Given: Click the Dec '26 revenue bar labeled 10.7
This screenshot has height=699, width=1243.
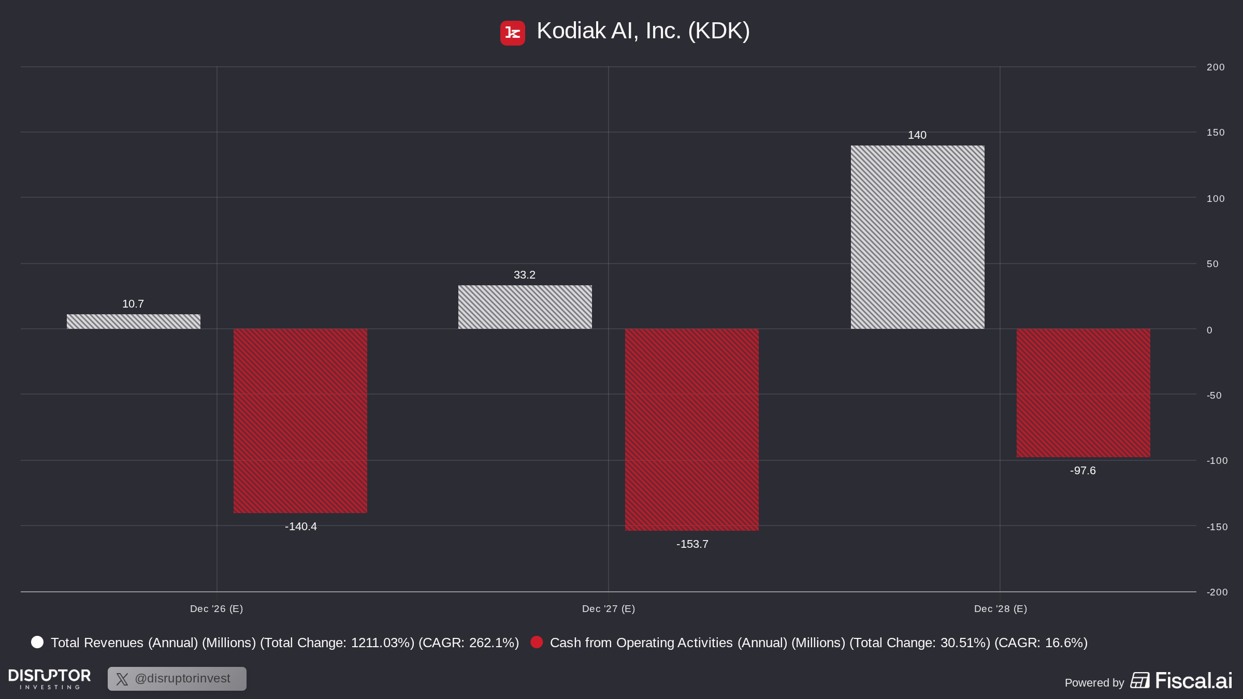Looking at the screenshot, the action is [134, 322].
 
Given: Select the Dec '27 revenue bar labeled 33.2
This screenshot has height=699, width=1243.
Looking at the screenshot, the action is [525, 307].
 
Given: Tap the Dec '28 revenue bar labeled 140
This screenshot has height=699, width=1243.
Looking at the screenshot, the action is [918, 237].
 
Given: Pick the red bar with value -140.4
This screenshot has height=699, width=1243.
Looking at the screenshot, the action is [300, 421].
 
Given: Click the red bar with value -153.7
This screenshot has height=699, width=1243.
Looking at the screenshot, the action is [692, 430].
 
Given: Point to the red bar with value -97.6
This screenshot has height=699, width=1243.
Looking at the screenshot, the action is [1083, 393].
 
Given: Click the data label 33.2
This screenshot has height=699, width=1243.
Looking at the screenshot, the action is [525, 275].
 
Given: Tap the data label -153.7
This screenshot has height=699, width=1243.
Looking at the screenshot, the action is [692, 544].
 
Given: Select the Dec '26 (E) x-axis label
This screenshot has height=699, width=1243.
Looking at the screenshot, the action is [216, 609].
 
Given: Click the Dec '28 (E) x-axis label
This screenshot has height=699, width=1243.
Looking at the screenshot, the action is [1001, 609].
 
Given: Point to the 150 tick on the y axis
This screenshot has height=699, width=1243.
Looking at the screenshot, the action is [1216, 133].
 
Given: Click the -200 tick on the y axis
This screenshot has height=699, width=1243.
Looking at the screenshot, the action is [1217, 592].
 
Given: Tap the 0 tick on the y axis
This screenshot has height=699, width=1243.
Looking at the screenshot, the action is [1209, 330].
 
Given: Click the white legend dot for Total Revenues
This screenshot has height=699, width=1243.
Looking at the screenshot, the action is [37, 642].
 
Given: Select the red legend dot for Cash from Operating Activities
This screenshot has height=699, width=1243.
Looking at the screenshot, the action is [537, 642].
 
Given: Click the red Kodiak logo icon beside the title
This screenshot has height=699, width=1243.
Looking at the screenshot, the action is [513, 33].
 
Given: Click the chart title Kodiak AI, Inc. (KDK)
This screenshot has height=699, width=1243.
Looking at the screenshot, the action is [643, 31].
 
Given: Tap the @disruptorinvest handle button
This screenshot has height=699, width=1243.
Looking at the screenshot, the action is [177, 679].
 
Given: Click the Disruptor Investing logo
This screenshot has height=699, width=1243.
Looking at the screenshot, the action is [50, 679].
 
